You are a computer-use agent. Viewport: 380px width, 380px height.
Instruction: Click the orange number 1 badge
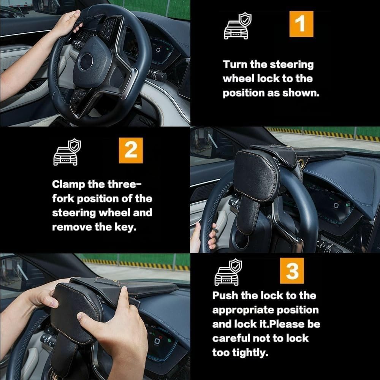click(301, 24)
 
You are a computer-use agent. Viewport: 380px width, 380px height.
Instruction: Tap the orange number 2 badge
click(131, 150)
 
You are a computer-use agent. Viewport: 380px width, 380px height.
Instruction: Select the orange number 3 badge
click(292, 271)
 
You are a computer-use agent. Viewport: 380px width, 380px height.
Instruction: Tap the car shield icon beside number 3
click(227, 272)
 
